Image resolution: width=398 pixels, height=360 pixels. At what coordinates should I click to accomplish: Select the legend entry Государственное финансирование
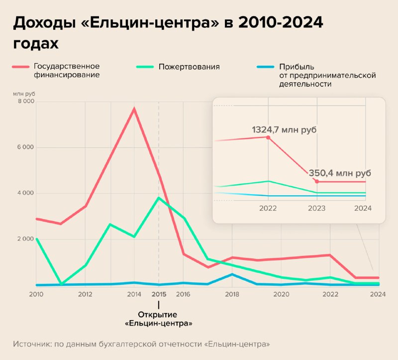point(66,70)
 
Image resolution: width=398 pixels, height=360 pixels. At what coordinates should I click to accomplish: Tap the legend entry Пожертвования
point(189,66)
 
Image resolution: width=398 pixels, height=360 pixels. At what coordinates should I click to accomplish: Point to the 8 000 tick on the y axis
point(26,102)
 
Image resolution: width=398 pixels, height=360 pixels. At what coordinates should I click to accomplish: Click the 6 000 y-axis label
point(26,147)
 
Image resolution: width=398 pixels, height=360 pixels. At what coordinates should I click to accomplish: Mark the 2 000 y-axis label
point(26,239)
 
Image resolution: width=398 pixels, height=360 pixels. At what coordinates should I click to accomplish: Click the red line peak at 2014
point(134,109)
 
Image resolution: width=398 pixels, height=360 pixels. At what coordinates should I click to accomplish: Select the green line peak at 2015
point(159,198)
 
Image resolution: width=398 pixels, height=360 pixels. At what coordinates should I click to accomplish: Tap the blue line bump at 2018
point(232,274)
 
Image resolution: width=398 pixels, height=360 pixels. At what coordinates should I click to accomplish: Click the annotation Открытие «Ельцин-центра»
point(159,319)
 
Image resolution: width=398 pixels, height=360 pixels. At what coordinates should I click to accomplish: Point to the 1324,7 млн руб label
point(284,129)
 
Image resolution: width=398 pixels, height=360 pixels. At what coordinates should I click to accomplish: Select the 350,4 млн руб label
point(340,173)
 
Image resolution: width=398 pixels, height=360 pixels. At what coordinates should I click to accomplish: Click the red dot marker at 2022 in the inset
point(268,137)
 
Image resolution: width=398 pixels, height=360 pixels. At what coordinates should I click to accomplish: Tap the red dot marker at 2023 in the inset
point(317,181)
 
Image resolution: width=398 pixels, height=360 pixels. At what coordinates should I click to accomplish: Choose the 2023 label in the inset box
point(317,209)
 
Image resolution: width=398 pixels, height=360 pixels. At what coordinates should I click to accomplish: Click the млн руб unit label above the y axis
point(24,94)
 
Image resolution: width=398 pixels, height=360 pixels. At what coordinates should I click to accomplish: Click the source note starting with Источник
point(142,344)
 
